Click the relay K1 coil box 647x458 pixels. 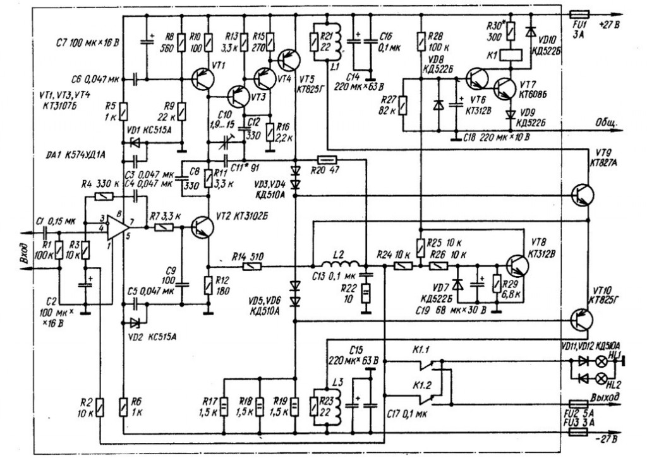(509, 55)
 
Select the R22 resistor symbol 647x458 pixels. (365, 294)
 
